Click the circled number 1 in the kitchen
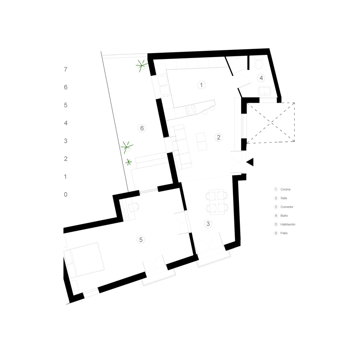click(201, 85)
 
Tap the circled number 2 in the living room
click(218, 137)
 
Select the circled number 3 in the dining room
click(208, 224)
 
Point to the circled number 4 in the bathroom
click(261, 78)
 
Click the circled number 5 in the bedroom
click(141, 240)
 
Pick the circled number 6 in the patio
click(142, 128)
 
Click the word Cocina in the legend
click(285, 189)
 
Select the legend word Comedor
click(287, 207)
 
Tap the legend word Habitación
click(288, 224)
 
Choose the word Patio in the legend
click(284, 233)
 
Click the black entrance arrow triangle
click(250, 162)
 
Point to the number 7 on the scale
click(66, 69)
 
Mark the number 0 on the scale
click(66, 194)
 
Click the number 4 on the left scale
click(66, 123)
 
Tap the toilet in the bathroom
click(259, 63)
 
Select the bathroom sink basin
click(265, 91)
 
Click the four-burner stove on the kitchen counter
click(191, 110)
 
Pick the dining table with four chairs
click(217, 202)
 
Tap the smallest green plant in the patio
click(129, 162)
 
